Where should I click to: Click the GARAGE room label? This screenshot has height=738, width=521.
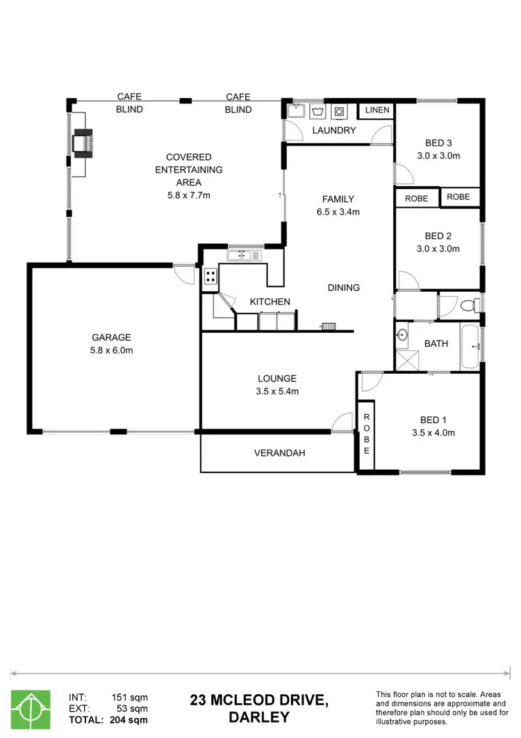(106, 338)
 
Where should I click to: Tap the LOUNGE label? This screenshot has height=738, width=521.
(277, 379)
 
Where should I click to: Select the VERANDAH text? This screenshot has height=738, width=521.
(279, 453)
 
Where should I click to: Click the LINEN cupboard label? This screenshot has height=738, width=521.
(377, 110)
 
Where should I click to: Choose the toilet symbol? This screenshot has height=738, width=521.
(470, 304)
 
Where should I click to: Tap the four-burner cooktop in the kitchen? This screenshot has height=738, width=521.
(210, 278)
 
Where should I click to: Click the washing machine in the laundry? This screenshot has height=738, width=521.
(339, 110)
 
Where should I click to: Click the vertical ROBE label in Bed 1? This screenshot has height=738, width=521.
(367, 433)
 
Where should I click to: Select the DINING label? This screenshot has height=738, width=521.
(344, 288)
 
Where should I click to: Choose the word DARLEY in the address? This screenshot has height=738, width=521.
(258, 717)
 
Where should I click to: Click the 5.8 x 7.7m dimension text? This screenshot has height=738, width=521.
(188, 195)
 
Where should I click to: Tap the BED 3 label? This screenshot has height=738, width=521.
(438, 144)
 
